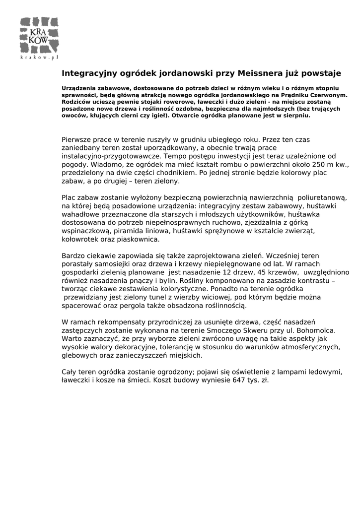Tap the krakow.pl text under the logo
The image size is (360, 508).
tap(39, 58)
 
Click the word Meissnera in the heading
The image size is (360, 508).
tap(260, 73)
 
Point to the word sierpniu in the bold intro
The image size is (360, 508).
tap(296, 115)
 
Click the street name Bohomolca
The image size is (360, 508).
tap(316, 330)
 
